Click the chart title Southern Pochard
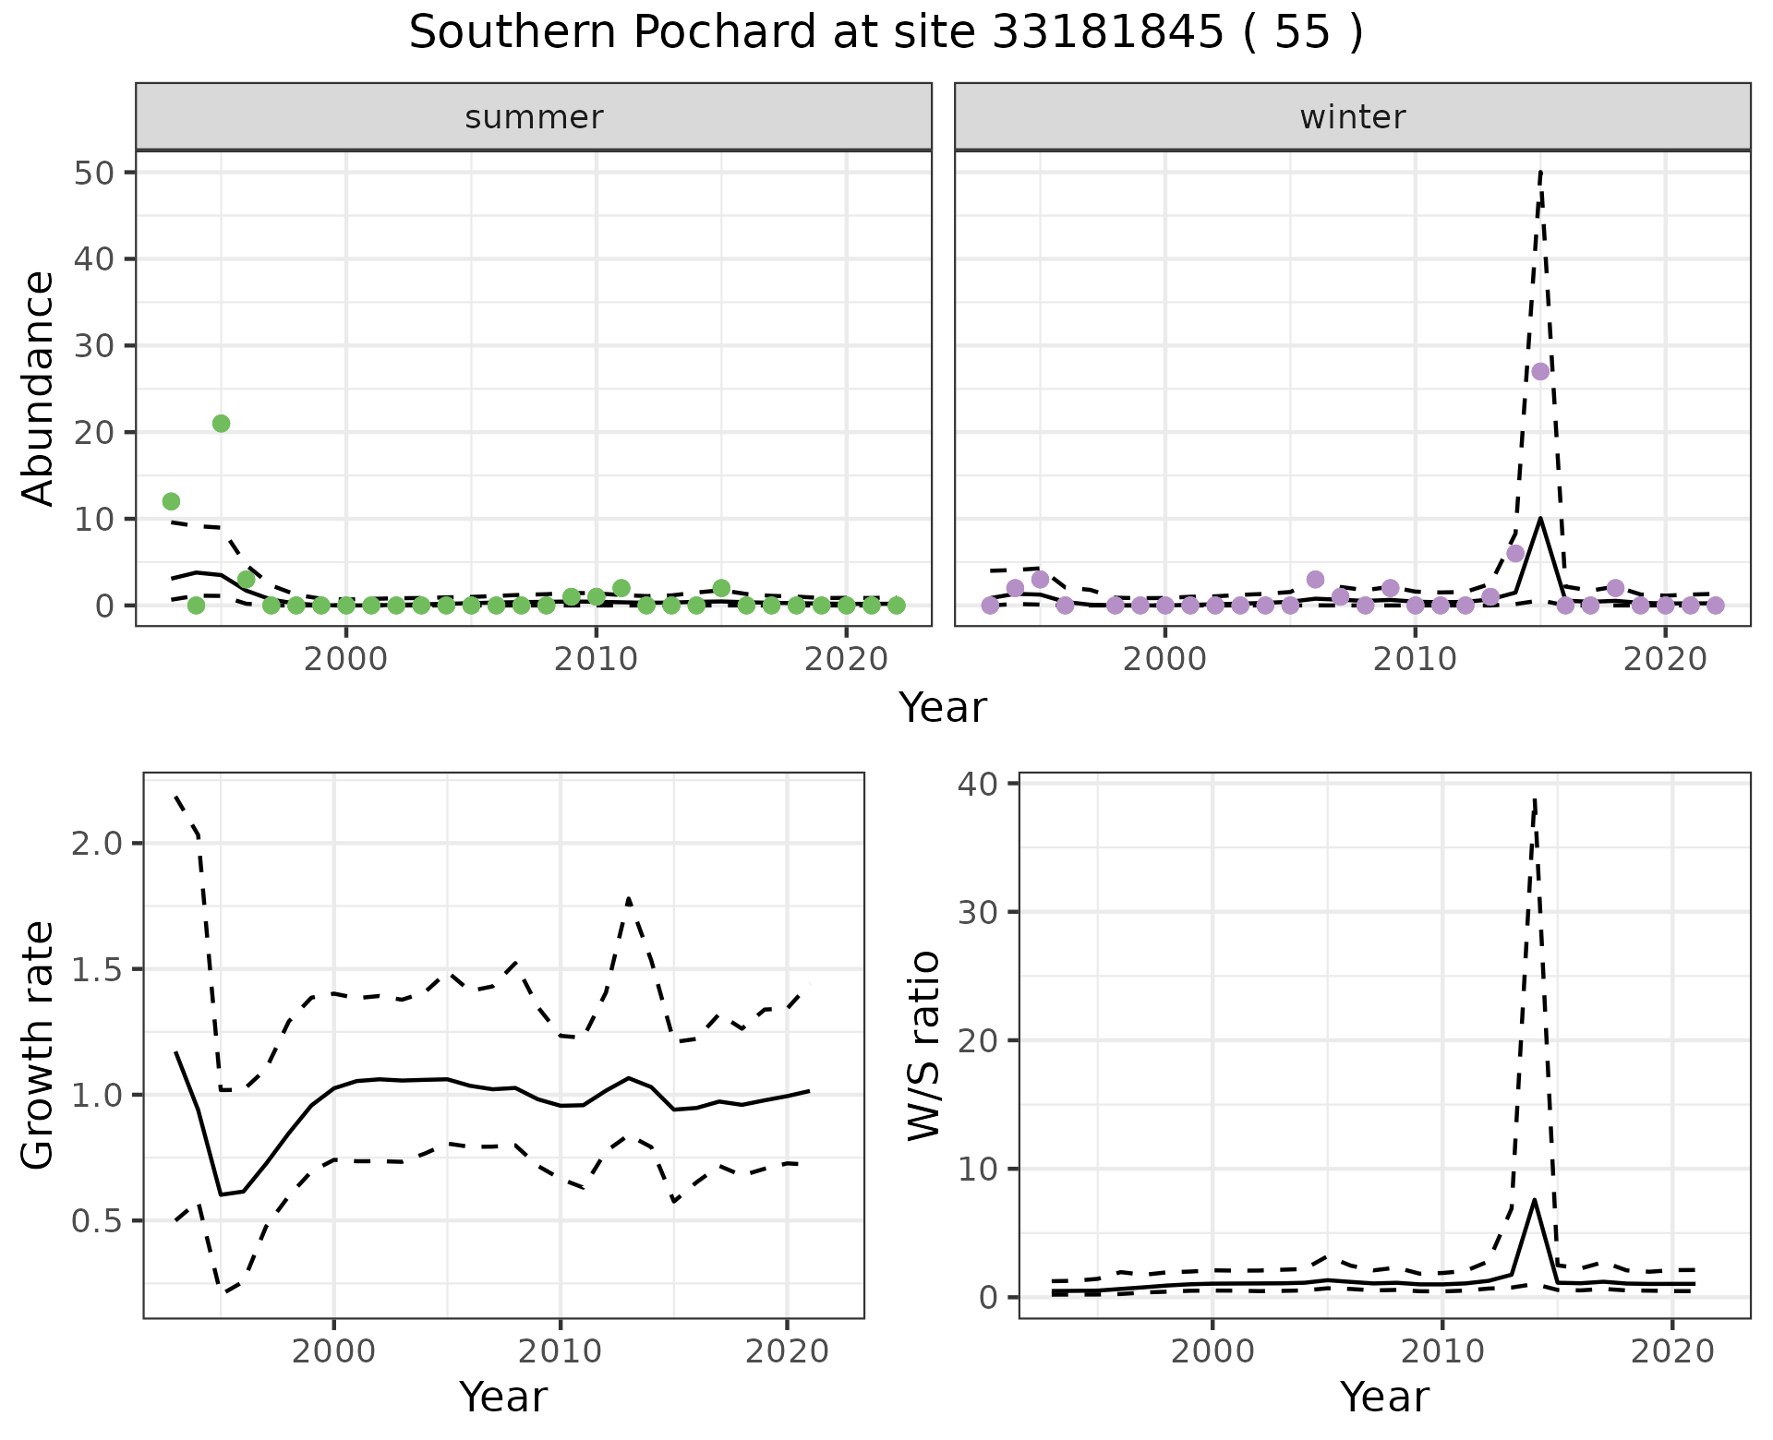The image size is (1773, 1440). [x=886, y=33]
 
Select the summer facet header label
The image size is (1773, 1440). [x=534, y=117]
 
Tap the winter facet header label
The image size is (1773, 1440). [x=1352, y=117]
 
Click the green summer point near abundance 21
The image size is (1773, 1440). [x=221, y=424]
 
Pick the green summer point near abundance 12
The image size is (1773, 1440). [x=171, y=501]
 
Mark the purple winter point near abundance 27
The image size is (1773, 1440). [x=1540, y=371]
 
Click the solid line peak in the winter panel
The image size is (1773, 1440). [x=1540, y=519]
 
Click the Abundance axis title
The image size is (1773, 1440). [x=39, y=388]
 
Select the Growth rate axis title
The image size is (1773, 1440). [x=39, y=1045]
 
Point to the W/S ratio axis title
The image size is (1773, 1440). [x=923, y=1045]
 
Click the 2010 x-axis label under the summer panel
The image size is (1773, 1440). [x=596, y=660]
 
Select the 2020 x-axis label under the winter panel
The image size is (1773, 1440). [x=1664, y=660]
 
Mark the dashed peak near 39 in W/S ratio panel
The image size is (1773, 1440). [x=1534, y=799]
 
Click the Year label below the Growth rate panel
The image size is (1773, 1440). [x=503, y=1397]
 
